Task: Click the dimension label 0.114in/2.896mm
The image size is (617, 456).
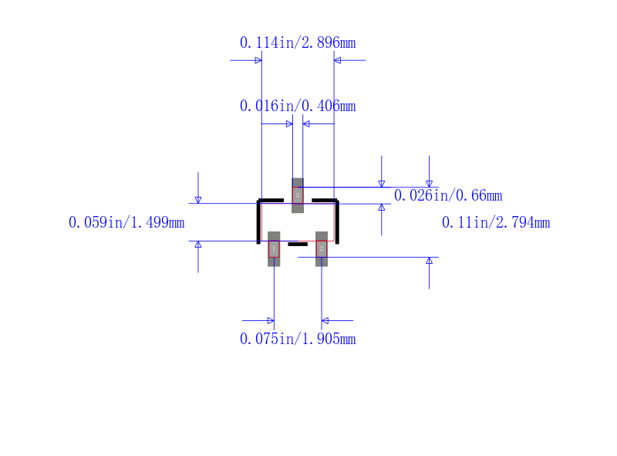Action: tap(298, 42)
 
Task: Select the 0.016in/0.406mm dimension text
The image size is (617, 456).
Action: tap(298, 106)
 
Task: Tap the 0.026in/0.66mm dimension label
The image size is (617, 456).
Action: tap(448, 195)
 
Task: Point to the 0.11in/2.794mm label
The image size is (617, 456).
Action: tap(496, 222)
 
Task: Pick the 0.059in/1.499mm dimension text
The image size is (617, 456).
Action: tap(126, 222)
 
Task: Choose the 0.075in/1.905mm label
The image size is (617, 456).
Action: tap(298, 339)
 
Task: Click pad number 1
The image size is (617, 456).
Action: tap(274, 249)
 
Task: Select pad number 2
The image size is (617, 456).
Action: tap(322, 249)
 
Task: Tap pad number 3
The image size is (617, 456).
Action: tap(298, 195)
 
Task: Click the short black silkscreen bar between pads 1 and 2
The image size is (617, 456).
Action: tap(298, 244)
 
